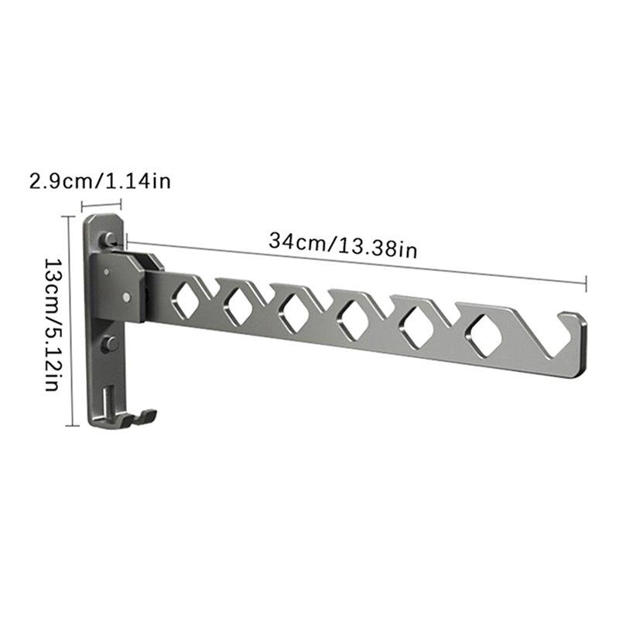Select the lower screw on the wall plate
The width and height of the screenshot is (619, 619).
[109, 344]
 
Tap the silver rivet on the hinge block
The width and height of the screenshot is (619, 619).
[127, 296]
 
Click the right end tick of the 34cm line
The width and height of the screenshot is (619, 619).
[586, 282]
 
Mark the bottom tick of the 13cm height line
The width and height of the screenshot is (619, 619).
[72, 425]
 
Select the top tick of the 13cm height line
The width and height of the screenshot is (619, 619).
[72, 217]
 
